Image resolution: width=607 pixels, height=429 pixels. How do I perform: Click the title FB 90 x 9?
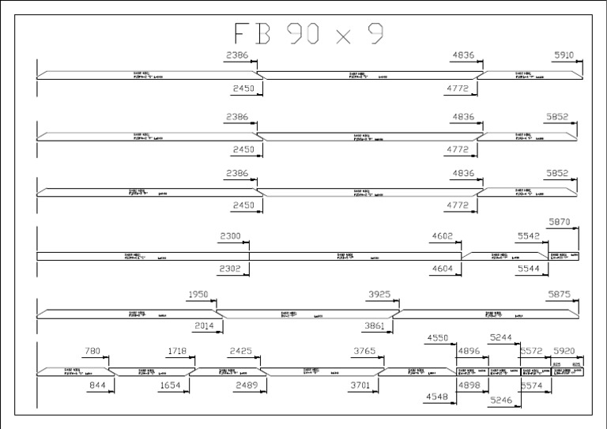pos(308,34)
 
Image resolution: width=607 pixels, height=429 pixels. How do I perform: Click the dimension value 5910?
pos(564,55)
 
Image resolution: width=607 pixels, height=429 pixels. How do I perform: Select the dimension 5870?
pos(560,223)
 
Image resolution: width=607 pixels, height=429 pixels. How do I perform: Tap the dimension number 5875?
pos(559,295)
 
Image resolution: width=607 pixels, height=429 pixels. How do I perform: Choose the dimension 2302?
pos(230,269)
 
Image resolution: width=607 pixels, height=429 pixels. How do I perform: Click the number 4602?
pos(442,236)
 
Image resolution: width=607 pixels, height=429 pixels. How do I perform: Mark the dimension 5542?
pos(529,236)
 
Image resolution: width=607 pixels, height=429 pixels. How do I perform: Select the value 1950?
pos(198,295)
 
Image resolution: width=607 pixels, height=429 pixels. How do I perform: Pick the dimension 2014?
pos(205,325)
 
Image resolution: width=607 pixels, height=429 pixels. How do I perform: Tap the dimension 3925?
pos(379,295)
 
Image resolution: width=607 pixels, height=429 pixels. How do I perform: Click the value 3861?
pos(374,325)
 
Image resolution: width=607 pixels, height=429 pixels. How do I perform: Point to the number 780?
pos(92,351)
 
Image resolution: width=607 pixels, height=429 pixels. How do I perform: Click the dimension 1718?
pos(178,351)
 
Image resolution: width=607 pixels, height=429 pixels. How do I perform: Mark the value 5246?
pos(500,401)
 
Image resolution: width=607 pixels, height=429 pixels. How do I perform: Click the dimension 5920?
pos(564,351)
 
